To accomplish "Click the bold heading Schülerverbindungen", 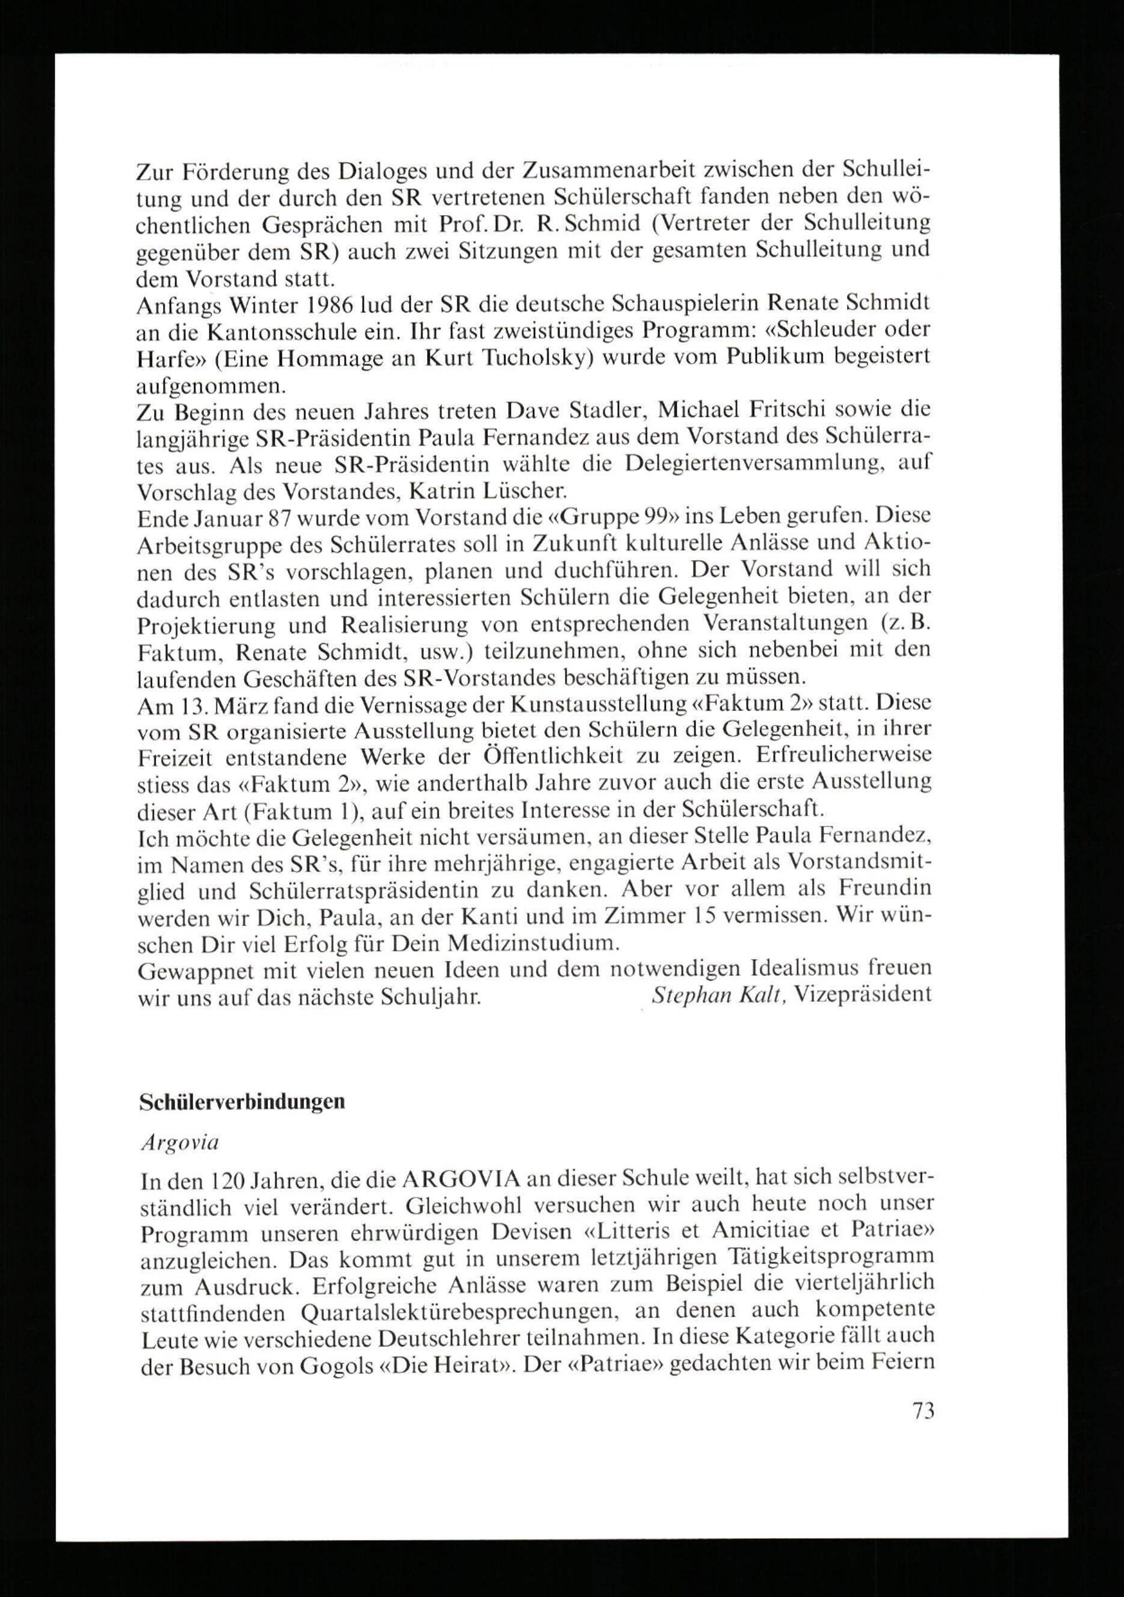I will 242,1102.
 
